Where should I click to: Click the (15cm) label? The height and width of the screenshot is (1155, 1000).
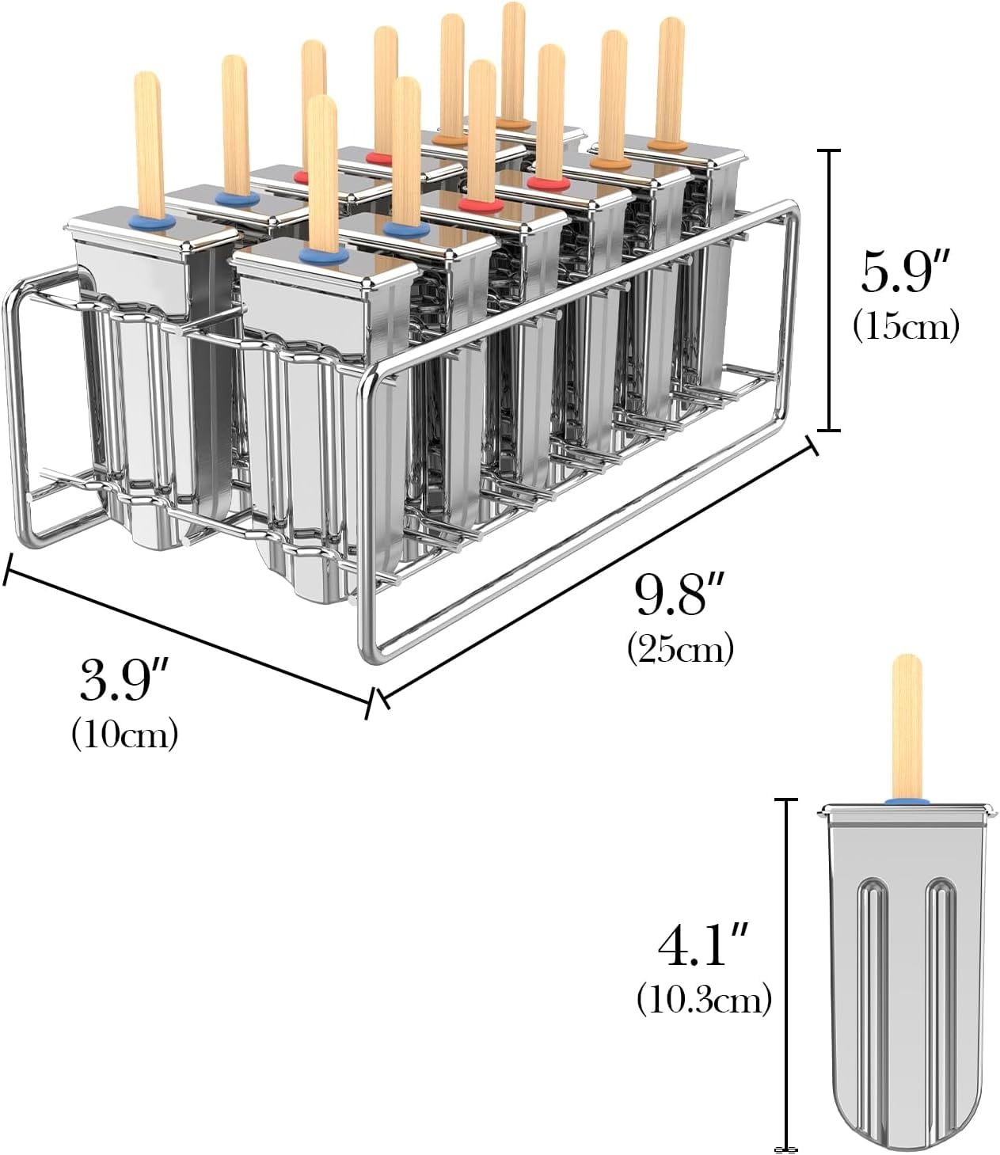[906, 325]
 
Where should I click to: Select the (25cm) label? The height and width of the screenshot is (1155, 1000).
[680, 648]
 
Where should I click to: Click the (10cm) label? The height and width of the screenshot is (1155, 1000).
[124, 734]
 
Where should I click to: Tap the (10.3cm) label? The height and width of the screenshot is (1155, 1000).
[704, 1000]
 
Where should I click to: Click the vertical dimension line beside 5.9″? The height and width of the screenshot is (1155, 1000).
[828, 290]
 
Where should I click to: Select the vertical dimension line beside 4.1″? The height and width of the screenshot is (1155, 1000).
[786, 974]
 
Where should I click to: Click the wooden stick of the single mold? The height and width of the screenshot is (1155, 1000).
[907, 724]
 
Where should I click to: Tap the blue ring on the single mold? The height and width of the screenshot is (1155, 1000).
[907, 801]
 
